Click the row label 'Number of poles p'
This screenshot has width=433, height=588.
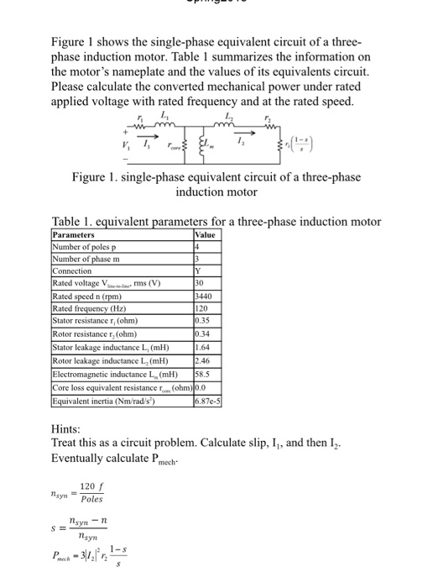click(x=88, y=248)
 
